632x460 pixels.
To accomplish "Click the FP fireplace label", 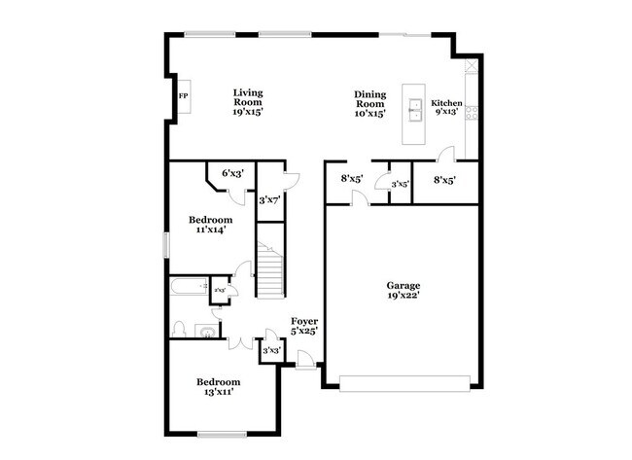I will pyautogui.click(x=183, y=96).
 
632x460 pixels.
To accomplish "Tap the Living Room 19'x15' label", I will pyautogui.click(x=248, y=102).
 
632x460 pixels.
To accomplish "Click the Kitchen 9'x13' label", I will pyautogui.click(x=447, y=107).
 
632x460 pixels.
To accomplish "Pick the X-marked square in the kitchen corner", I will pyautogui.click(x=473, y=67).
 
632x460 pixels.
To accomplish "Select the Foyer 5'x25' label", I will pyautogui.click(x=305, y=325).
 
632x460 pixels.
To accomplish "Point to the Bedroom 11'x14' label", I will pyautogui.click(x=210, y=225).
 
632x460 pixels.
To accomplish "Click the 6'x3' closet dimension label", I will pyautogui.click(x=231, y=173).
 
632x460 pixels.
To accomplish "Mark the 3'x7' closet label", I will pyautogui.click(x=269, y=200).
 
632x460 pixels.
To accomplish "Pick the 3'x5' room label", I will pyautogui.click(x=400, y=183).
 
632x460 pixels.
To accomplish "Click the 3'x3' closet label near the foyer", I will pyautogui.click(x=271, y=351).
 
